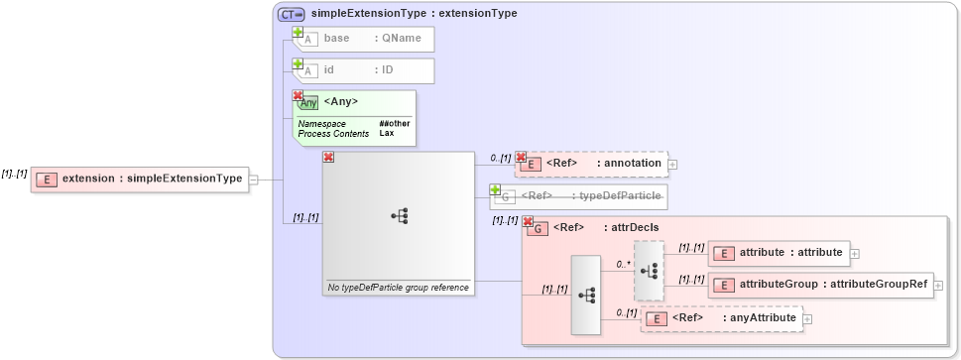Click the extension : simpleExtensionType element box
tap(139, 180)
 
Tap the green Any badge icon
tap(308, 102)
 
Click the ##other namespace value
tap(395, 123)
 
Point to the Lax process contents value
tap(386, 132)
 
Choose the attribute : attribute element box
tap(778, 253)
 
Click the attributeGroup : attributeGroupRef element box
tap(820, 285)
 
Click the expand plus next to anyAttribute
tap(807, 318)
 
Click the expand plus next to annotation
tap(672, 164)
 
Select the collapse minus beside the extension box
tap(254, 180)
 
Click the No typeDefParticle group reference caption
tap(398, 288)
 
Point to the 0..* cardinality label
tap(623, 265)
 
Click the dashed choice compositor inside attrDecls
tap(649, 270)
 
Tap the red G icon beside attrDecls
tap(537, 229)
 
